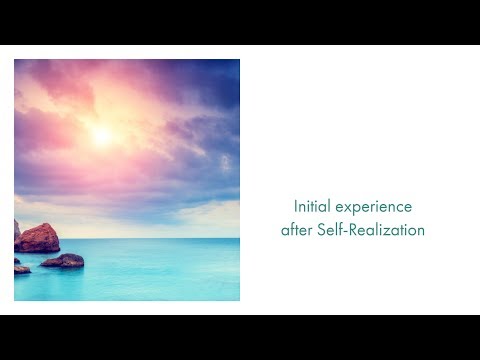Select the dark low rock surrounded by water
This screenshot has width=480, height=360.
[63, 261]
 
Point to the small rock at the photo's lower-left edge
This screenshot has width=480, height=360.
[21, 268]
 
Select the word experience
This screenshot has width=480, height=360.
[372, 207]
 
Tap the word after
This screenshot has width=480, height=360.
[297, 230]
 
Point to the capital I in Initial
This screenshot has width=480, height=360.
[296, 206]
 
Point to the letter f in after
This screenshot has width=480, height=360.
[292, 230]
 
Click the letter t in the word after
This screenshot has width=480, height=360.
[298, 230]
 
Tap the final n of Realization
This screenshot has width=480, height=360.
[420, 231]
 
